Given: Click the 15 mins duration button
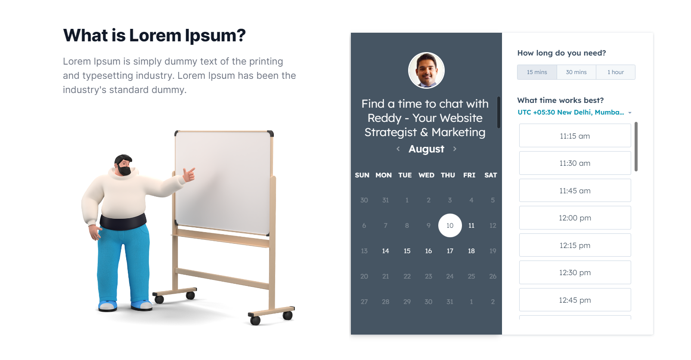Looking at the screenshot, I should tap(537, 72).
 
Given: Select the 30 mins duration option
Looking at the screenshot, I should tap(576, 72).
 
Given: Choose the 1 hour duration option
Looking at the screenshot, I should tap(615, 72).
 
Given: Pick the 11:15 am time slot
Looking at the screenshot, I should tap(575, 136).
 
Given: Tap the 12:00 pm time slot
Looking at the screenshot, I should tap(575, 218).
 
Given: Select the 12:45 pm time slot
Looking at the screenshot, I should tap(575, 300).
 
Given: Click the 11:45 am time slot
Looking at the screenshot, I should tap(575, 191).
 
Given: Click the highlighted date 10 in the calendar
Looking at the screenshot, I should tap(450, 226).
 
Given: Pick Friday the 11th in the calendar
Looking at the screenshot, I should tap(471, 226).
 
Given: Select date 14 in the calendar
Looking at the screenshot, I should tap(385, 251).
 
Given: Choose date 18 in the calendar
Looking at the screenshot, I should tap(471, 251).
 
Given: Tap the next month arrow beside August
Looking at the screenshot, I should tap(455, 149).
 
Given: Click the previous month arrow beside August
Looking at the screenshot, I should tap(398, 149).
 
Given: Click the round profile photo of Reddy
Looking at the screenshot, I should tap(426, 70).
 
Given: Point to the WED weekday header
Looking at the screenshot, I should tap(426, 175).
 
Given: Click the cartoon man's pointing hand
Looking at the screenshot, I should tap(189, 174).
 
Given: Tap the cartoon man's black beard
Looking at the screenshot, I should tap(124, 171).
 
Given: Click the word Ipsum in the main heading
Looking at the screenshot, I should tap(215, 35).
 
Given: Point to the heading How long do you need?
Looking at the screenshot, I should tap(561, 53).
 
